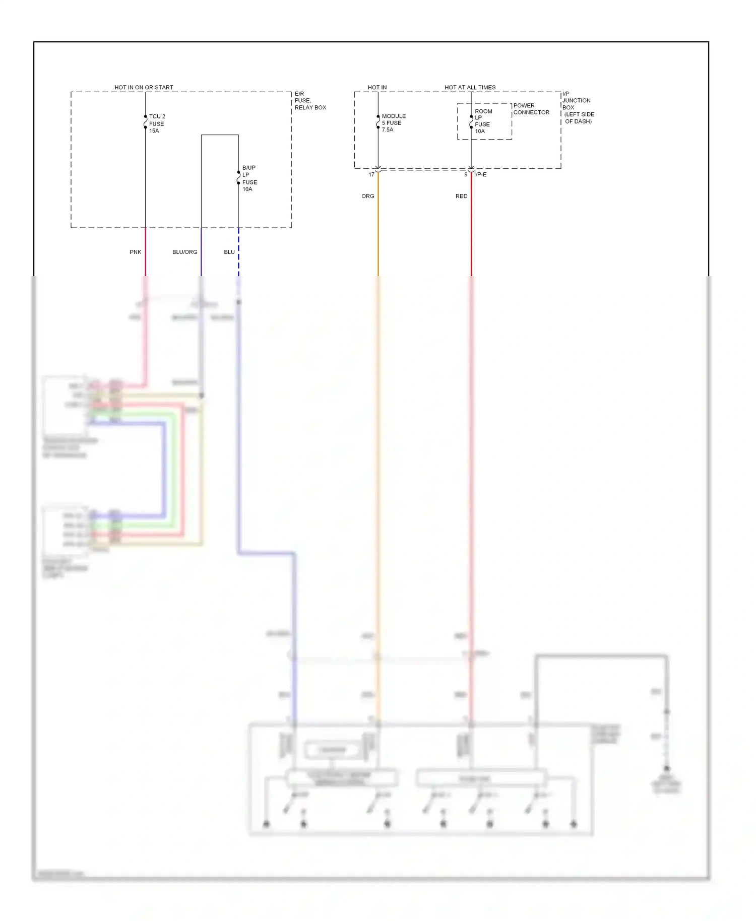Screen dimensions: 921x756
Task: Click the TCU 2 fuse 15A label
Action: (x=156, y=123)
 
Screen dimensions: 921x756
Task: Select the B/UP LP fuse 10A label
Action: (x=249, y=178)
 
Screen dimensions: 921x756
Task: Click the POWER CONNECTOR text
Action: (x=531, y=109)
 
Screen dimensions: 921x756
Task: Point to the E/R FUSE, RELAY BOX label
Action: (x=309, y=101)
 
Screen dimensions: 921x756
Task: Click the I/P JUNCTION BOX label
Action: (x=578, y=107)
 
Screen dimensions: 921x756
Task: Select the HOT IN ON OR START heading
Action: (x=144, y=87)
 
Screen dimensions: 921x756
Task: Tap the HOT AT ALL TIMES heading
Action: (x=470, y=87)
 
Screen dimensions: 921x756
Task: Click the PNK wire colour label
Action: (x=135, y=252)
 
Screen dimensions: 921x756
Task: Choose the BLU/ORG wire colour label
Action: (x=184, y=252)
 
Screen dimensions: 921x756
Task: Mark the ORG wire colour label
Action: (x=367, y=196)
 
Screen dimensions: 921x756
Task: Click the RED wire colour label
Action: (x=461, y=196)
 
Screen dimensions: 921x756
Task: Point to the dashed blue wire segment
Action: (x=238, y=252)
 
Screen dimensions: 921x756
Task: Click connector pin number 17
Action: (x=371, y=175)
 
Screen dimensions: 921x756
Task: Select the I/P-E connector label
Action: (x=480, y=175)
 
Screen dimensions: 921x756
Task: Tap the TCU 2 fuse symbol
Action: (x=146, y=122)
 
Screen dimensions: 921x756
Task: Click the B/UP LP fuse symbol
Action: (x=238, y=178)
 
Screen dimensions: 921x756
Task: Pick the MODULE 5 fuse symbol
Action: (x=378, y=122)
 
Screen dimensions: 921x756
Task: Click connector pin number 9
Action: (x=466, y=175)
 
